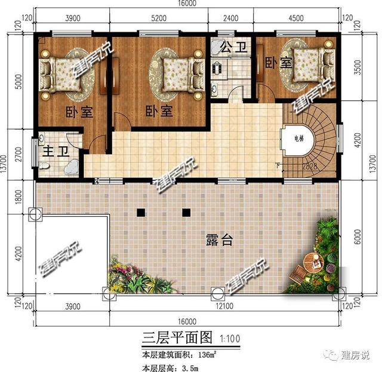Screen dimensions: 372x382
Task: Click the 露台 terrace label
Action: [x=219, y=240]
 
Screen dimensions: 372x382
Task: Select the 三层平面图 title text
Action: [x=178, y=338]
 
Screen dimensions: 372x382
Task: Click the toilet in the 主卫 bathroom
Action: [x=46, y=169]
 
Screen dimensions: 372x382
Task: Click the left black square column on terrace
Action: [x=141, y=212]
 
